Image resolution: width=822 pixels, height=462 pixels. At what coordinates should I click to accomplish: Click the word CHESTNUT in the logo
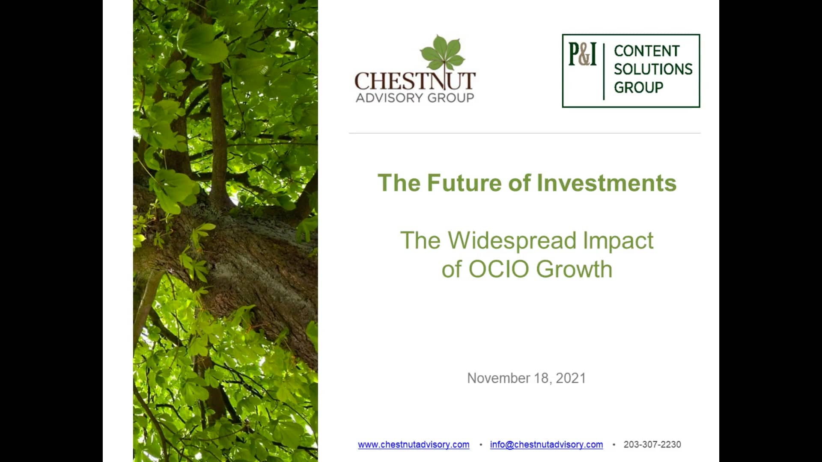pos(415,80)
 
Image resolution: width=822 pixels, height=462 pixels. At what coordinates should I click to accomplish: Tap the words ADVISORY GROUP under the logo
pos(415,98)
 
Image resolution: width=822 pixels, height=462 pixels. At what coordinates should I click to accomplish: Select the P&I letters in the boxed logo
pos(582,54)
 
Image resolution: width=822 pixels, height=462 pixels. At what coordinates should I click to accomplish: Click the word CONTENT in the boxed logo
pos(646,51)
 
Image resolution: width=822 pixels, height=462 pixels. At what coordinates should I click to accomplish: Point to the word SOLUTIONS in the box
pos(653,69)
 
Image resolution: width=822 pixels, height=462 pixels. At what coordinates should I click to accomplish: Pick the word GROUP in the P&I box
pos(638,87)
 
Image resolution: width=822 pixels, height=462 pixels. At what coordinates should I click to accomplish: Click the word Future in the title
pos(464,183)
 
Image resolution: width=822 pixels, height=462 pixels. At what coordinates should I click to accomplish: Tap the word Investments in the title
pos(606,183)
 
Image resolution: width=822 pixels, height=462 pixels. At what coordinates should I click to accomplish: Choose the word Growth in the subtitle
pos(574,269)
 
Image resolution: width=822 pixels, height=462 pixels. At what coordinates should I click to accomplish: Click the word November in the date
pos(498,378)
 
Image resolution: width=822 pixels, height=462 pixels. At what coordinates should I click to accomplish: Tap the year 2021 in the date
pos(571,378)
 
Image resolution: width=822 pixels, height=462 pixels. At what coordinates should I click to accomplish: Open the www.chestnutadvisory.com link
pos(414,445)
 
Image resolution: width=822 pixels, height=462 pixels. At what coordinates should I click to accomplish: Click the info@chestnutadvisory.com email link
pos(546,445)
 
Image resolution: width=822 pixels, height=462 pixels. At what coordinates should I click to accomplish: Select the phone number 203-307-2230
pos(652,444)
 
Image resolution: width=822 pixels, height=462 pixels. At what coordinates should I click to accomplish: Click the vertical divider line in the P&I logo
pos(604,71)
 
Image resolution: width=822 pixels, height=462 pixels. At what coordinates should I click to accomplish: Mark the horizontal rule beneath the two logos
pos(525,133)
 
